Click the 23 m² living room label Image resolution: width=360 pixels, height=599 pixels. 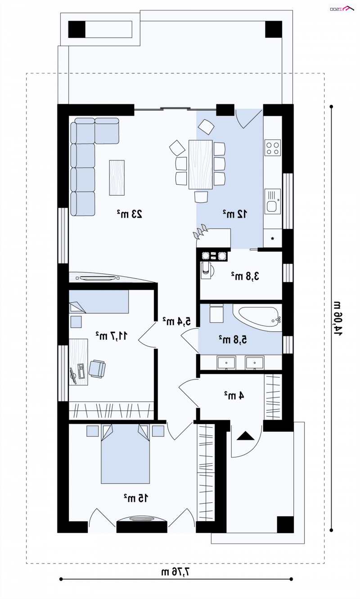pos(130,214)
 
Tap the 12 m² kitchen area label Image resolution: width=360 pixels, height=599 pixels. pos(235,214)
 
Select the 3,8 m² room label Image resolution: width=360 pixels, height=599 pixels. pos(245,276)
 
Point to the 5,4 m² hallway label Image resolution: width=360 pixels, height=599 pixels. pos(177,321)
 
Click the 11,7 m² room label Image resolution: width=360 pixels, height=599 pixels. pos(112,335)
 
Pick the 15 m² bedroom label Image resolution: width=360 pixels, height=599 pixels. pos(136,498)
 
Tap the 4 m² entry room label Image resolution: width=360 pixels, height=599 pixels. pos(234,395)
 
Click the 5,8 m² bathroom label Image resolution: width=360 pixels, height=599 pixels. pos(233,340)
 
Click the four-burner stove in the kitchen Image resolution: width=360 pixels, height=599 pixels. pos(273,148)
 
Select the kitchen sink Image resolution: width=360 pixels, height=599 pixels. pos(273,201)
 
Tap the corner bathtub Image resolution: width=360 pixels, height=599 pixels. pos(257,317)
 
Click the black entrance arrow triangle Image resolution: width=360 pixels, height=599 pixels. pos(245,436)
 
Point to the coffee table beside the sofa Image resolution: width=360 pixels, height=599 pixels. pos(117,178)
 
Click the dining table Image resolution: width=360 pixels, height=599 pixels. pos(201,165)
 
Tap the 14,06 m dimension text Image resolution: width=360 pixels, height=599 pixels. pos(337,318)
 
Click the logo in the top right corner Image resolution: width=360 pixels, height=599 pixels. pos(342,9)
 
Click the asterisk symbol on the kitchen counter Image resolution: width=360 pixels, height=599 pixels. pos(273,238)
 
